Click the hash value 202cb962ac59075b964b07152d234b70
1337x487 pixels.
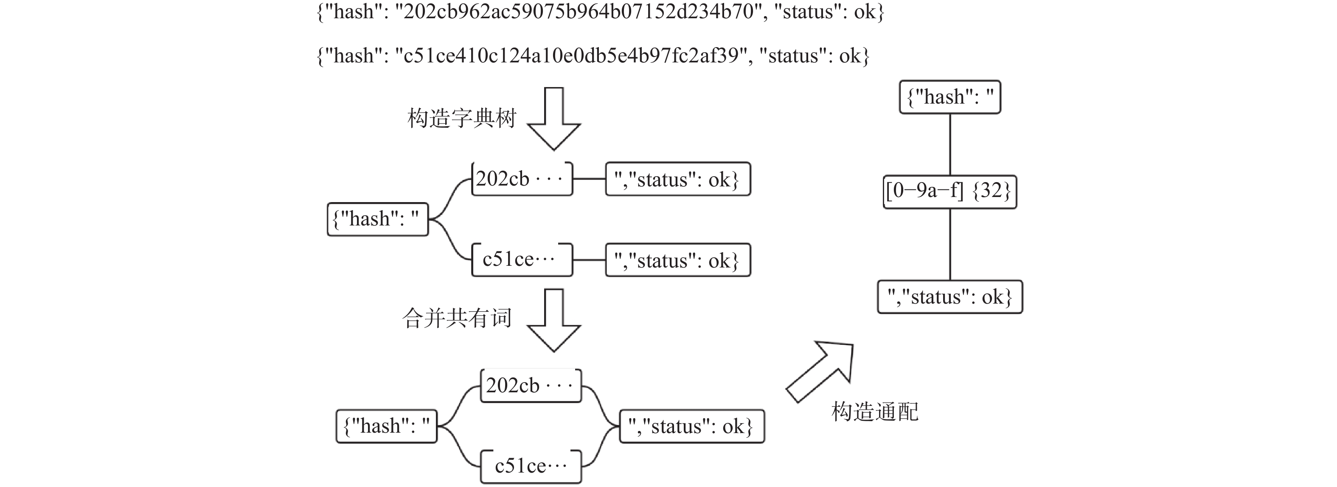pyautogui.click(x=579, y=11)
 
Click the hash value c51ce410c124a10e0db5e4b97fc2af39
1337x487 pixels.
pyautogui.click(x=571, y=56)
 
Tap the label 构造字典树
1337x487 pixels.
pyautogui.click(x=461, y=118)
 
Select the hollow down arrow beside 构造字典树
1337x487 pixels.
pyautogui.click(x=554, y=119)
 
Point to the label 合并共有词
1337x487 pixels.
pyautogui.click(x=457, y=318)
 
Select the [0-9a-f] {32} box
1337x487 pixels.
pyautogui.click(x=949, y=192)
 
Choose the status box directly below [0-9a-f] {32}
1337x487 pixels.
pyautogui.click(x=949, y=297)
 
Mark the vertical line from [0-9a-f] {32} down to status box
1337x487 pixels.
pyautogui.click(x=950, y=244)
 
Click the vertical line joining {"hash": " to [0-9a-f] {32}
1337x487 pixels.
pyautogui.click(x=950, y=144)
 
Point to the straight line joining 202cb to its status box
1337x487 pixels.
pyautogui.click(x=589, y=179)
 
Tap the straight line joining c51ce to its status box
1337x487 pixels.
pyautogui.click(x=589, y=259)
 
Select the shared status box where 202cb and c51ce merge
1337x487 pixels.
pyautogui.click(x=692, y=426)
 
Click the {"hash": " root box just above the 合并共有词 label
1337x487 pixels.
pyautogui.click(x=377, y=219)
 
